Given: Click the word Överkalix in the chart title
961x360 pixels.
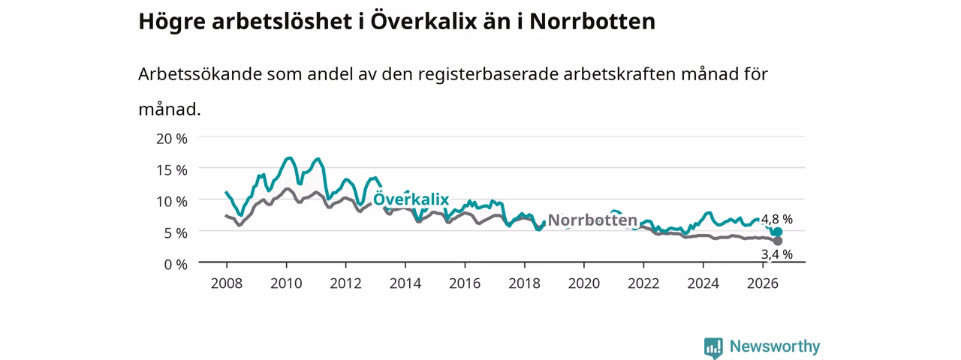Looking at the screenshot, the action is [x=423, y=21].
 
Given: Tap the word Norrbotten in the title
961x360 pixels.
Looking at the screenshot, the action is [x=592, y=22].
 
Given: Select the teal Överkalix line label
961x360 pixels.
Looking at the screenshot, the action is [x=411, y=199].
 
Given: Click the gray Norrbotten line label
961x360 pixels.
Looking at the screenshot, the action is [x=592, y=220].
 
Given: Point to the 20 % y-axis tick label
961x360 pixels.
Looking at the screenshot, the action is [x=172, y=139].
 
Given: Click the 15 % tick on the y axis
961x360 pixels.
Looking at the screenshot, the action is [x=172, y=170].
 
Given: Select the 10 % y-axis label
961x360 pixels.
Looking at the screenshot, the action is [x=172, y=202].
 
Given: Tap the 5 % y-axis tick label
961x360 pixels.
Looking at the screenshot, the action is [x=176, y=233].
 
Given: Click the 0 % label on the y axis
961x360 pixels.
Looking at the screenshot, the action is [x=176, y=265].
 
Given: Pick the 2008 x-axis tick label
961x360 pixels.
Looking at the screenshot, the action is [x=227, y=283].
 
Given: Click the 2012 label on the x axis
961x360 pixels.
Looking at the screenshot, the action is [x=346, y=283].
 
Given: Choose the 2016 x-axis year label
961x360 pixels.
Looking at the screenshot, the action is [x=465, y=283].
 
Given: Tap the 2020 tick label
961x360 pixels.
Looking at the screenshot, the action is [x=584, y=283].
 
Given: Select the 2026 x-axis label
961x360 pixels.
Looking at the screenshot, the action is [x=763, y=283].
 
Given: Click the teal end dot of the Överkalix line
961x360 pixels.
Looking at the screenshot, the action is [x=777, y=232].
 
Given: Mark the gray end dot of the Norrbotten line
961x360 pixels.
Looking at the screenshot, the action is [x=777, y=241].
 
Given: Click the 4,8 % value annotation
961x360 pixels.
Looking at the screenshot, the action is [x=777, y=220].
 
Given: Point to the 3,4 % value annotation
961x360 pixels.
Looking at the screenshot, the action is [x=777, y=254].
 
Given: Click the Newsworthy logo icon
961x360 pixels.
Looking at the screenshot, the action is [x=713, y=347].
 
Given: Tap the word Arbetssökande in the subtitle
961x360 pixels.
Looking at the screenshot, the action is [x=200, y=74].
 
